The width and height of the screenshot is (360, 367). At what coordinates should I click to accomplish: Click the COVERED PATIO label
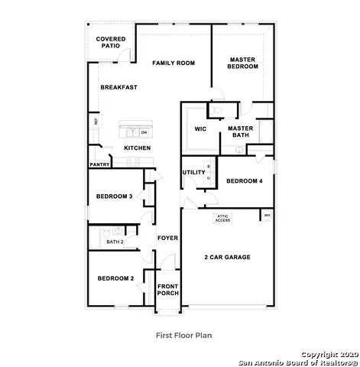(111, 43)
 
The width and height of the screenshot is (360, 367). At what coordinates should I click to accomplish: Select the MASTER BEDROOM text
(242, 63)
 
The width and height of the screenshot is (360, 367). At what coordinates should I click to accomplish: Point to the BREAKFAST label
(119, 87)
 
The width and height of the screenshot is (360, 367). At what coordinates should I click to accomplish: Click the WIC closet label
(200, 129)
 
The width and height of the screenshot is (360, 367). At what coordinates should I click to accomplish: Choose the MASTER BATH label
(240, 132)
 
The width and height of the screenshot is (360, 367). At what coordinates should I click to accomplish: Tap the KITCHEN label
(137, 148)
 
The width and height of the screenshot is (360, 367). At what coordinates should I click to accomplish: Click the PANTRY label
(99, 164)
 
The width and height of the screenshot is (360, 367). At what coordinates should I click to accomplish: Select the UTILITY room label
(193, 172)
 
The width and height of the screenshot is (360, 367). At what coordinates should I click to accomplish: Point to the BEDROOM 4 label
(244, 180)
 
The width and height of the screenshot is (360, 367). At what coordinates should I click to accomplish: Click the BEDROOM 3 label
(114, 196)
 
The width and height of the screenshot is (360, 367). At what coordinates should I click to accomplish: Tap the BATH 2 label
(115, 242)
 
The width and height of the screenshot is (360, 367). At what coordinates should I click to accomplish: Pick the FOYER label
(167, 238)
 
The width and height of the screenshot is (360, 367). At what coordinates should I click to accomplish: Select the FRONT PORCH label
(167, 291)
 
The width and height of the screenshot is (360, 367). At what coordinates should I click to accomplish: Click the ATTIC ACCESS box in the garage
(222, 218)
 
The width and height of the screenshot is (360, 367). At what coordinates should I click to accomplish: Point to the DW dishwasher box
(144, 132)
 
